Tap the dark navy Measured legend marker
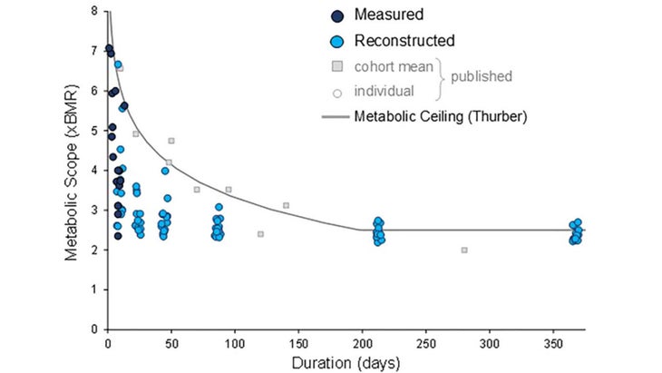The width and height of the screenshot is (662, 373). click(x=337, y=15)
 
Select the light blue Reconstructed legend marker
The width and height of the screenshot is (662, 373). click(x=337, y=41)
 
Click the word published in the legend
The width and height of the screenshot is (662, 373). click(x=482, y=77)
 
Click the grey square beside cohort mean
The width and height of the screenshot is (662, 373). click(x=337, y=66)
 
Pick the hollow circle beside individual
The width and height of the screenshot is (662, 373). click(x=337, y=91)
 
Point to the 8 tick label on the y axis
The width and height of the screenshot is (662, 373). click(x=95, y=11)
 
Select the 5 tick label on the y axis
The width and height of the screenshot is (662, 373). click(x=95, y=131)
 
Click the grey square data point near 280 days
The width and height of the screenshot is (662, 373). click(x=464, y=250)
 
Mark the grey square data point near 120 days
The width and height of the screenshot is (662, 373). click(x=260, y=234)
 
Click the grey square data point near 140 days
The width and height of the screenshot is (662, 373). click(x=286, y=206)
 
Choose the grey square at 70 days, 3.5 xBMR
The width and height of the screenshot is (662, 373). click(x=197, y=190)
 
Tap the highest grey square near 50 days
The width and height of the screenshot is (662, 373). click(x=171, y=141)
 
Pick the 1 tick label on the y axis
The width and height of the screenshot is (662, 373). click(x=95, y=290)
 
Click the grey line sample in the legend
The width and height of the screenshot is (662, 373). click(x=336, y=116)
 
